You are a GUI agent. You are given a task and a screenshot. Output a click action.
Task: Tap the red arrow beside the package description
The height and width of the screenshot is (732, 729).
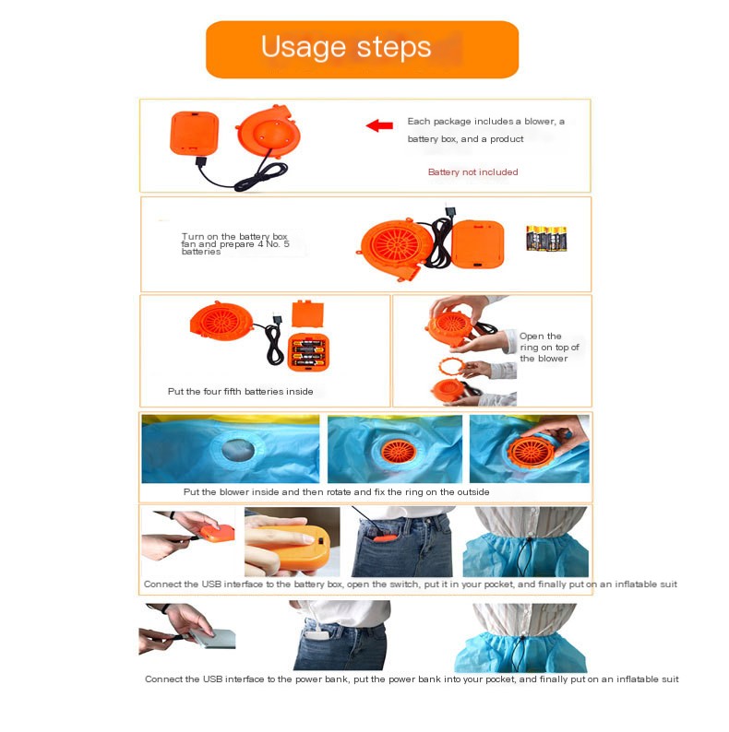tap(379, 125)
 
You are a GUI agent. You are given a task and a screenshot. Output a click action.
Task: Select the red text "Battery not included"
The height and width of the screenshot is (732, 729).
tap(472, 171)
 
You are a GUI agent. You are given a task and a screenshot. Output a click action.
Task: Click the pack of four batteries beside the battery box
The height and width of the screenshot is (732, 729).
tap(546, 238)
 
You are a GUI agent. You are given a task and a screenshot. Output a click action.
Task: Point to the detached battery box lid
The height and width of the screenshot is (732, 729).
tap(307, 313)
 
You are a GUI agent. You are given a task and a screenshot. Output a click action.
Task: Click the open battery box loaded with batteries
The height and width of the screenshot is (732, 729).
tap(308, 352)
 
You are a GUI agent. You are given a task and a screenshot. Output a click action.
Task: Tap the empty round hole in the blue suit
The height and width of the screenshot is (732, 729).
tap(238, 450)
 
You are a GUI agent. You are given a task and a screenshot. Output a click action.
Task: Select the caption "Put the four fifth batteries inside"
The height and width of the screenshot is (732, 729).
tap(240, 391)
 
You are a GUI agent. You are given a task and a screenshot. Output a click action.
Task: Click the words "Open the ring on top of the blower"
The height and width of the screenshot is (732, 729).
tap(549, 347)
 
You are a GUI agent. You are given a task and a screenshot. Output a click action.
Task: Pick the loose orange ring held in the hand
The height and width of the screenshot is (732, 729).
tap(452, 365)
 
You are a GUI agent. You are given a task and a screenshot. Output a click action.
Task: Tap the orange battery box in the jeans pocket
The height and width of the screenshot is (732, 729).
tap(386, 538)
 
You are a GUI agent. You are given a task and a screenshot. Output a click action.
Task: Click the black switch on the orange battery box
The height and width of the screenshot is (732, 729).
tap(320, 540)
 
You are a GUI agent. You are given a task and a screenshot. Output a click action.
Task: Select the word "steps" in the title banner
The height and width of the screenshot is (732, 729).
tap(393, 47)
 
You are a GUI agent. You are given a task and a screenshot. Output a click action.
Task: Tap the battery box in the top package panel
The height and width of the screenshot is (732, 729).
tap(195, 133)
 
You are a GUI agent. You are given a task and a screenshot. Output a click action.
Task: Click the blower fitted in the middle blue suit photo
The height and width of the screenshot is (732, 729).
tap(398, 451)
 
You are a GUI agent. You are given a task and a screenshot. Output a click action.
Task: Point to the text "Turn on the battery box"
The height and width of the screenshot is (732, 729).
tap(234, 236)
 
